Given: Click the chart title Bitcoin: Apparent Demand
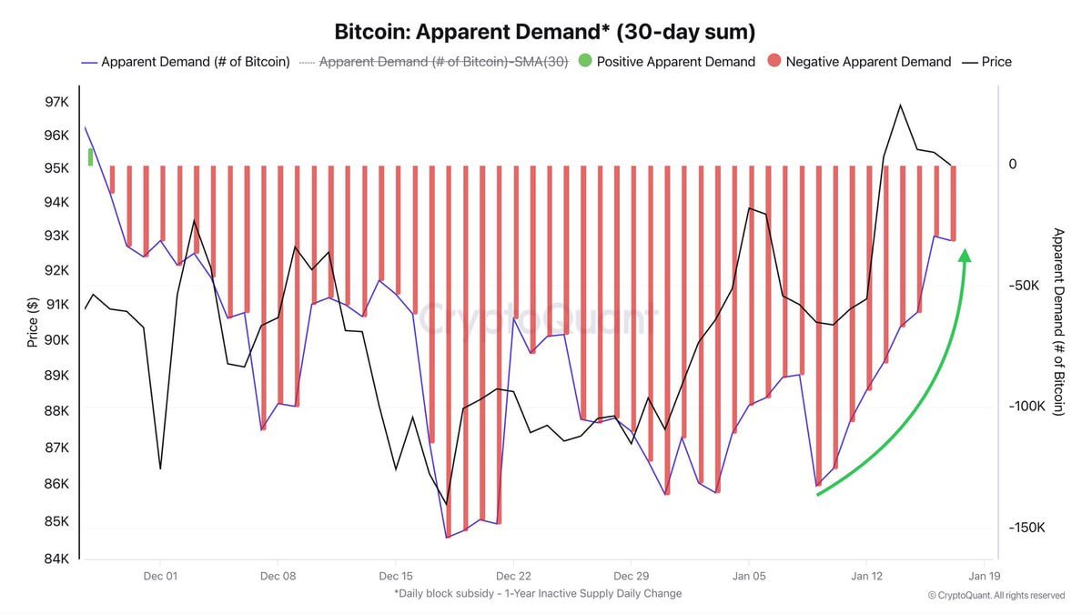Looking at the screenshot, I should coord(544,33).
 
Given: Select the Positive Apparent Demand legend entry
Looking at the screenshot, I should coord(666,62).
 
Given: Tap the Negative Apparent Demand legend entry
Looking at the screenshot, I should coord(858,62).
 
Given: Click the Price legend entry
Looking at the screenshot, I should coord(986,62).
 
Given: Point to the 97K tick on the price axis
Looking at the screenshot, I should coord(56,102).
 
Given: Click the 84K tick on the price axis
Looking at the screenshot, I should coord(56,559).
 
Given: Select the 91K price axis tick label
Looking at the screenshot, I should coord(56,305).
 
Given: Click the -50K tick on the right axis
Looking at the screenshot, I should coord(1025,286).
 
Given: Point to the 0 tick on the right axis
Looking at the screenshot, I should coord(1012,165).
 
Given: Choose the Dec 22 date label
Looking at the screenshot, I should coord(513,576).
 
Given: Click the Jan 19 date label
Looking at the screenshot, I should coord(985,576).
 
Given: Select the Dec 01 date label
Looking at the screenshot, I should coord(160,576).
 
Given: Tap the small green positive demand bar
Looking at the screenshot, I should coord(90,156).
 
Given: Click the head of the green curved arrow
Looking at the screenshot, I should coord(965,255).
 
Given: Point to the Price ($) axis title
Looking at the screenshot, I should coord(33,322).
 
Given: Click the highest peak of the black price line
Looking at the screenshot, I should coord(900,106).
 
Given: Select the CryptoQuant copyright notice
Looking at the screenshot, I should coord(996,596).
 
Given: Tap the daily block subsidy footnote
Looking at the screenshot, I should coord(538,593).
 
